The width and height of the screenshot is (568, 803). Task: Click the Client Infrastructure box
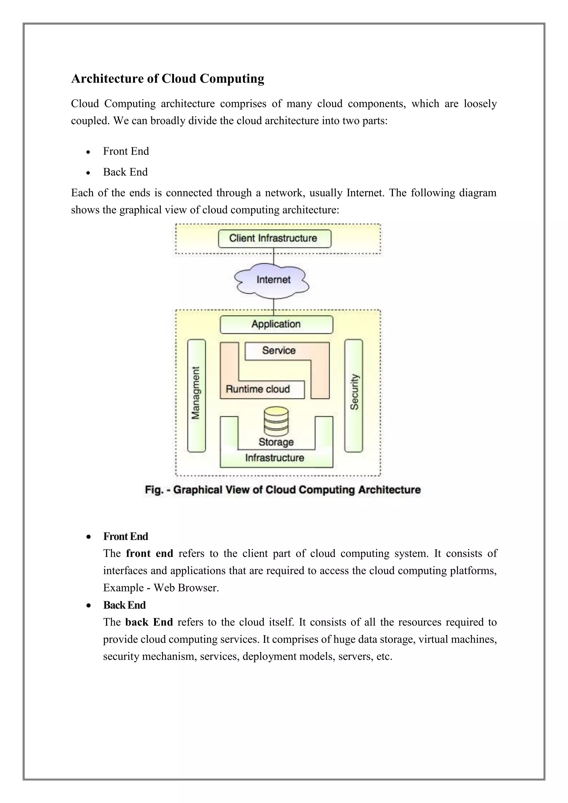pyautogui.click(x=275, y=238)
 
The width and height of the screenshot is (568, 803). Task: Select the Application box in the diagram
pyautogui.click(x=276, y=324)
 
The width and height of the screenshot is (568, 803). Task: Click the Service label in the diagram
pyautogui.click(x=279, y=350)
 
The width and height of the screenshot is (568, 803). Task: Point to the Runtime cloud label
pyautogui.click(x=258, y=389)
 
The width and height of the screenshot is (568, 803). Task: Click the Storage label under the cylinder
pyautogui.click(x=276, y=442)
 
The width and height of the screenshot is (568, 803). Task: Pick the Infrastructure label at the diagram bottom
pyautogui.click(x=275, y=458)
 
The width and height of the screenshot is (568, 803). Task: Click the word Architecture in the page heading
pyautogui.click(x=107, y=79)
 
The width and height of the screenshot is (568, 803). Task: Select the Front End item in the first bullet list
pyautogui.click(x=126, y=151)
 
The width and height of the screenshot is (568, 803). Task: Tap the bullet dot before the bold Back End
pyautogui.click(x=89, y=605)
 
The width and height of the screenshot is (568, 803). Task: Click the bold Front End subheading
pyautogui.click(x=126, y=536)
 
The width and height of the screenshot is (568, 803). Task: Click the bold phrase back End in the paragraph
pyautogui.click(x=149, y=622)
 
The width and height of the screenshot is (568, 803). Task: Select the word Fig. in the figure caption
pyautogui.click(x=154, y=490)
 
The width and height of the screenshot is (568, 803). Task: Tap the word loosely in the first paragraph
pyautogui.click(x=480, y=104)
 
